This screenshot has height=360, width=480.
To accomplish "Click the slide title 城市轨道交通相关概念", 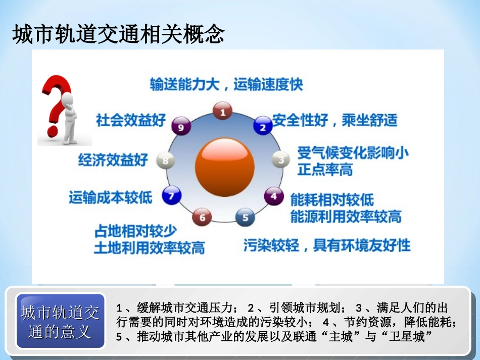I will [x=118, y=35].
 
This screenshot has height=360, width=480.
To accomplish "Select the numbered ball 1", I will [x=222, y=111].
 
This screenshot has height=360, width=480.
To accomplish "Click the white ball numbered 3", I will [x=280, y=160].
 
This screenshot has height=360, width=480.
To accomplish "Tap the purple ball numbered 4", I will [x=273, y=195].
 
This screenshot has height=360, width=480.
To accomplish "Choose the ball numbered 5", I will [x=245, y=217].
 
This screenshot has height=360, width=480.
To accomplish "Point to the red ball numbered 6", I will [x=202, y=217].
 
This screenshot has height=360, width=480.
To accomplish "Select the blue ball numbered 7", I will [x=171, y=195].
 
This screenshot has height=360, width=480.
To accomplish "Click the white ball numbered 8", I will [x=165, y=161].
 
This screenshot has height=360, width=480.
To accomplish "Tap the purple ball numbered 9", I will [x=180, y=127].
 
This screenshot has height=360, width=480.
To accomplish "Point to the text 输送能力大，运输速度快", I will [x=226, y=84].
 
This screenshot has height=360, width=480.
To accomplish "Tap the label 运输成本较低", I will [x=110, y=197].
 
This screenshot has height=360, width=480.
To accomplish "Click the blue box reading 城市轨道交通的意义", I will [x=60, y=321].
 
